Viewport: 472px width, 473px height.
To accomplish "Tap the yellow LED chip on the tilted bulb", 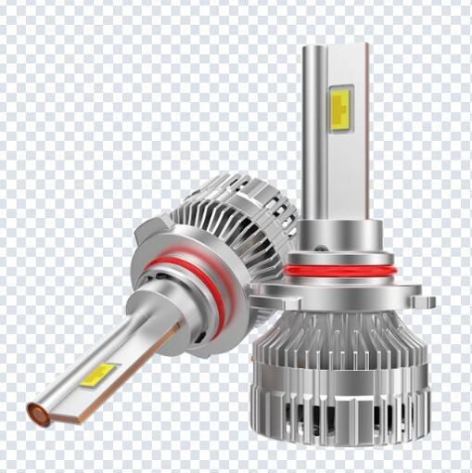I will [x=97, y=375].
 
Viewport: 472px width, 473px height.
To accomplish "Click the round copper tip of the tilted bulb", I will [x=38, y=415].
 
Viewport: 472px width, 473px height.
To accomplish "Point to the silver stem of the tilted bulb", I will [x=111, y=352].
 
